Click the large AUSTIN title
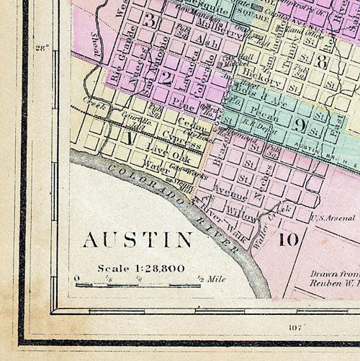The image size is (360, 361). tap(138, 239)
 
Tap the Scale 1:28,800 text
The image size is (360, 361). tap(141, 268)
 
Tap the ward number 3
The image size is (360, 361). tap(149, 20)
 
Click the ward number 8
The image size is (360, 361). tap(321, 63)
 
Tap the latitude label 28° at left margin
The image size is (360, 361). tap(42, 49)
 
